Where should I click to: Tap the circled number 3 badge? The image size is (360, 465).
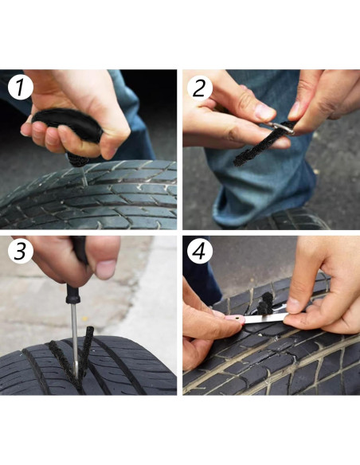click(x=20, y=251)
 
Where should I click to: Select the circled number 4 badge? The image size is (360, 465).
click(x=199, y=251)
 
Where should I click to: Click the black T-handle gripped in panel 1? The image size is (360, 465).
click(x=68, y=125)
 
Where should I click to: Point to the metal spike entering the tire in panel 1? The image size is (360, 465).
click(x=84, y=178)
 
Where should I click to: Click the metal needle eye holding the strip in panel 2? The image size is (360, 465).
click(x=282, y=128)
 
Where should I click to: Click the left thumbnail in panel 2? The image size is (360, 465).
click(x=264, y=111)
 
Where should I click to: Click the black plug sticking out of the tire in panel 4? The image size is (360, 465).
click(x=265, y=303)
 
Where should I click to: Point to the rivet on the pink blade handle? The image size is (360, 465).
click(x=238, y=318)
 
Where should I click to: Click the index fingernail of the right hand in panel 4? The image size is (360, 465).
click(x=292, y=305)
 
